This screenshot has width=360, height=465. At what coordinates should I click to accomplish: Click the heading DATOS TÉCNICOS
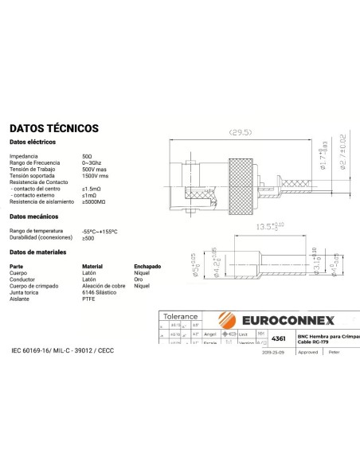point(54,127)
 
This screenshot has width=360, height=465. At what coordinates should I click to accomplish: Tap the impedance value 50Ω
point(87,156)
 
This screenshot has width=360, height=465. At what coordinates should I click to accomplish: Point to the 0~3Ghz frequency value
point(91,162)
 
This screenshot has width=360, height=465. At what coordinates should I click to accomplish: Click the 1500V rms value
point(95,175)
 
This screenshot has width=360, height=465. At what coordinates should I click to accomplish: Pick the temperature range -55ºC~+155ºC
point(100,231)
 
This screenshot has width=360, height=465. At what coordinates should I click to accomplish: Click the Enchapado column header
point(147,266)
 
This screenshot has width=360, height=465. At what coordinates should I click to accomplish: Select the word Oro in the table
point(137,279)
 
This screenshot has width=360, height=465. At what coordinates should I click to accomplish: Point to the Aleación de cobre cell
point(104,286)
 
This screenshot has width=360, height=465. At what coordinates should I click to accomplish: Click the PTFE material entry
point(88,299)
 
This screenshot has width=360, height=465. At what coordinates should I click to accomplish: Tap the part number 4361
point(279,339)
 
